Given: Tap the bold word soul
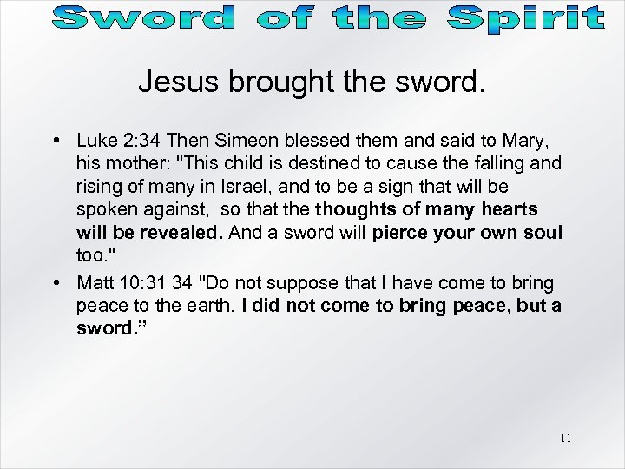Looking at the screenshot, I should pyautogui.click(x=543, y=234).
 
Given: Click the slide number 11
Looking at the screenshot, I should pyautogui.click(x=565, y=439).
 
